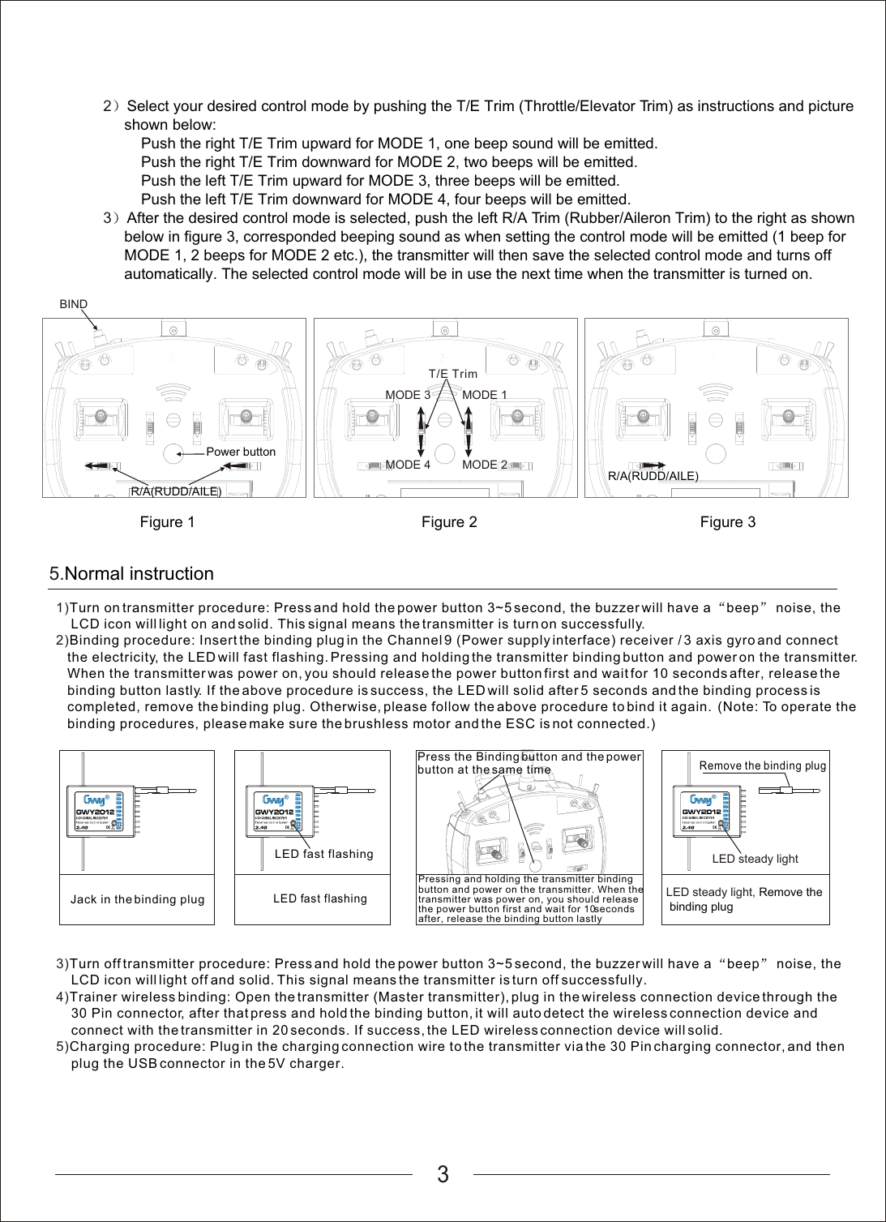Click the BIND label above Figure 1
pos(73,304)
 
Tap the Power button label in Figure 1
pos(241,452)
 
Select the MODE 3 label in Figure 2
pos(408,395)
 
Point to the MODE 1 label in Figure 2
pos(484,395)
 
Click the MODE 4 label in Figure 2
pos(408,465)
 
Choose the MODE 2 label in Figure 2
pos(484,465)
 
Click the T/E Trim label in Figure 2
pos(452,374)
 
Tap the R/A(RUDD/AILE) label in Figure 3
pos(653,476)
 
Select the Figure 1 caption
pos(167,522)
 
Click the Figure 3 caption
pos(727,522)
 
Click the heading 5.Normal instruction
pos(131,574)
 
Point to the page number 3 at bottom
pos(443,1174)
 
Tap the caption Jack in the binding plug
pos(137,899)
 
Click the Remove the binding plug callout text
pos(762,765)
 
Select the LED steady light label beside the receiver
pos(755,859)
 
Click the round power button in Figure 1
pos(173,453)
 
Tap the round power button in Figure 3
pos(715,453)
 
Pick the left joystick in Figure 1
pos(101,417)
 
